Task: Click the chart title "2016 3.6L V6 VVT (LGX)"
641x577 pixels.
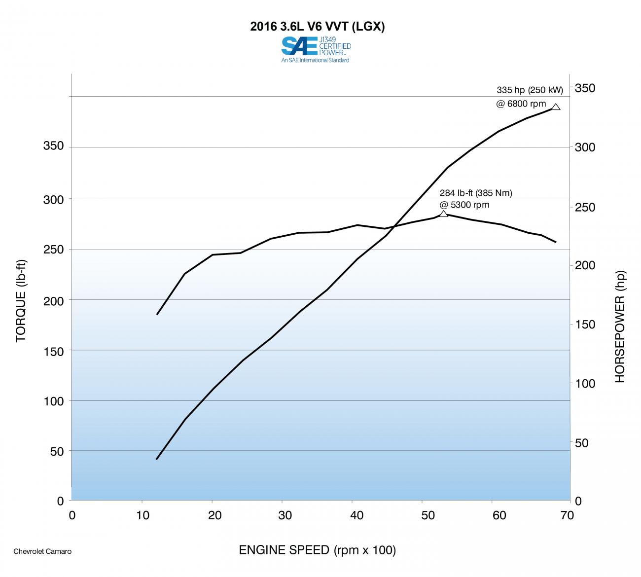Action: [x=317, y=27]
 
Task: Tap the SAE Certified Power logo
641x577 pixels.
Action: [x=316, y=50]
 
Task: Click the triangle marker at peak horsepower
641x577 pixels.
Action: [x=556, y=107]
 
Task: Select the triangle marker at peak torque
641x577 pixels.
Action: [x=443, y=214]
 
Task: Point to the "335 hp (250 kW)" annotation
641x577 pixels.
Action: [x=530, y=90]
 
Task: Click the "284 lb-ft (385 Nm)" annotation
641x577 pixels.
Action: [x=476, y=193]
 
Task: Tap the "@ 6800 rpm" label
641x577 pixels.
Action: [x=521, y=104]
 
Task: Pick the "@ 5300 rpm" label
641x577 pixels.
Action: [x=464, y=205]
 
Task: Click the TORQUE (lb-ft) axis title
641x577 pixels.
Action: [x=21, y=301]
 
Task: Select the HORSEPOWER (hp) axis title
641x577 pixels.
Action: [x=619, y=326]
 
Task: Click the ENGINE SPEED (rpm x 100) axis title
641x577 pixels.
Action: [x=317, y=550]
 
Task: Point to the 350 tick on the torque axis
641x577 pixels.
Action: [x=54, y=146]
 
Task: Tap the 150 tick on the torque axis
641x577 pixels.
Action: [x=54, y=352]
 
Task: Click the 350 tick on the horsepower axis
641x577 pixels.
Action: [x=585, y=88]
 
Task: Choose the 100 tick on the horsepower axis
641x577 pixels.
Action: [x=585, y=384]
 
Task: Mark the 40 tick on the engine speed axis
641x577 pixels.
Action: [x=356, y=516]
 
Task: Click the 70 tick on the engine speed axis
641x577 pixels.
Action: [x=567, y=516]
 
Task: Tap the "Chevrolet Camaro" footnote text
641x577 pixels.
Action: [x=42, y=551]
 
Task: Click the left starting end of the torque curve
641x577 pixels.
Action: [x=157, y=314]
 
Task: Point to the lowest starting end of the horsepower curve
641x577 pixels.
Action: [x=157, y=459]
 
